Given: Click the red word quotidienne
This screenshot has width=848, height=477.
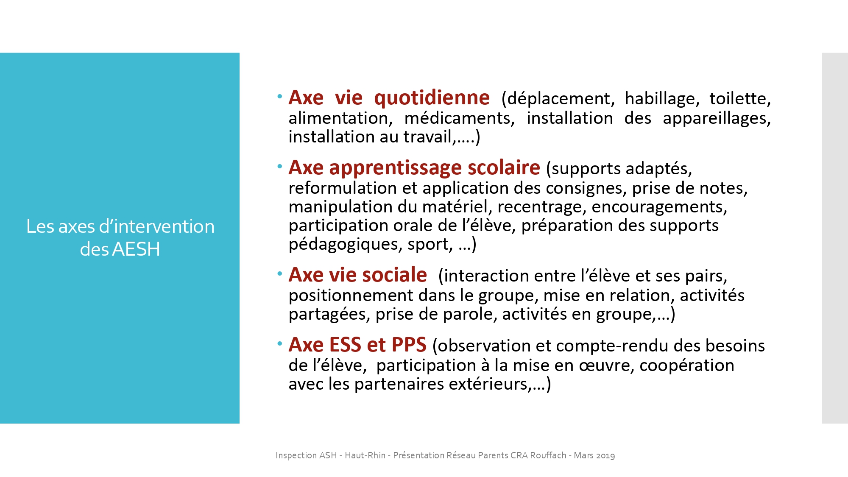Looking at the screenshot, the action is pos(432,98).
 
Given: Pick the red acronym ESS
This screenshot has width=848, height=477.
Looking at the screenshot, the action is pos(345,345).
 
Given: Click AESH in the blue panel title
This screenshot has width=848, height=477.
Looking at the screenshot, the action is pos(136,249).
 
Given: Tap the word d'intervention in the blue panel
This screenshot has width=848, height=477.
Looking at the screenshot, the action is pos(157,226).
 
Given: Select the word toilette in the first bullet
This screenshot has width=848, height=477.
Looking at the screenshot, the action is pos(740,99).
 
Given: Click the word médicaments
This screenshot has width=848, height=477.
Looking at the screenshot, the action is pos(460,118).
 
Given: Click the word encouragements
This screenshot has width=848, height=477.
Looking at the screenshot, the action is pos(659,207).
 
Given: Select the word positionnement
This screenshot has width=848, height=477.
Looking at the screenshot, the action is pos(351,296).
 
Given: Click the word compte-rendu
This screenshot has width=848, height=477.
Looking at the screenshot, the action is pos(612,346).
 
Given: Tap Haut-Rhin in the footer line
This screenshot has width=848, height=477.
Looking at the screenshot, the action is pos(365,455).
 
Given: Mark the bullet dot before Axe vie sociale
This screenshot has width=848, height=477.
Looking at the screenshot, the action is pos(280,274).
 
